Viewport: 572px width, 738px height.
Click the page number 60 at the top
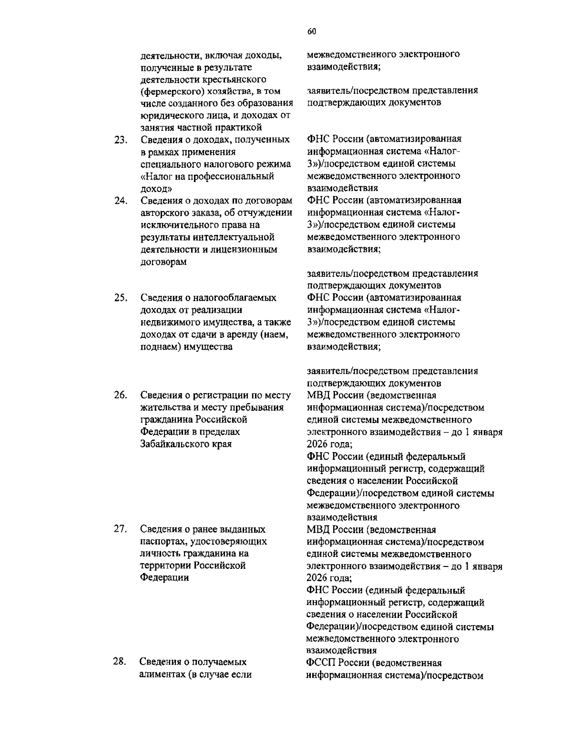tap(311, 31)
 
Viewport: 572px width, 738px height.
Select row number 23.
tap(120, 140)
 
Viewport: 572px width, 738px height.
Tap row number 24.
tap(120, 201)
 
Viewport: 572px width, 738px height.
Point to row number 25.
tap(120, 298)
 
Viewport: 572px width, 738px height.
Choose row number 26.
tap(120, 395)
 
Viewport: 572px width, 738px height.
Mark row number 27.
tap(120, 529)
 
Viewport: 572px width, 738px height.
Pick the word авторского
tap(165, 212)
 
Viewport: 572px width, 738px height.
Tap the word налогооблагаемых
tap(234, 298)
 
